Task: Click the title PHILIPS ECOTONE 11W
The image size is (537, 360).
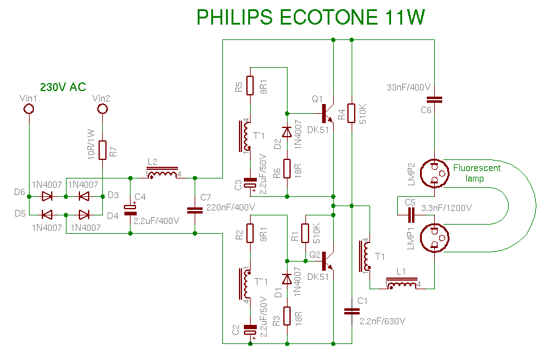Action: click(x=310, y=17)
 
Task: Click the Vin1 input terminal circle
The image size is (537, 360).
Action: click(x=28, y=110)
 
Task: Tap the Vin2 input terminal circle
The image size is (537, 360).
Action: click(x=103, y=110)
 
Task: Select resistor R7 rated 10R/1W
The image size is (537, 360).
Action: click(x=103, y=150)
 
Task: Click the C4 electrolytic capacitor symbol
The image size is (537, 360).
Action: click(x=131, y=210)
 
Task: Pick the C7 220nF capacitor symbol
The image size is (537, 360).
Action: click(x=195, y=210)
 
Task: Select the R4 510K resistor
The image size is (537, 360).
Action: click(x=352, y=113)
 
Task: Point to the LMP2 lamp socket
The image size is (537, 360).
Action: click(x=434, y=173)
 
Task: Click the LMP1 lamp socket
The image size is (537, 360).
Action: click(x=434, y=238)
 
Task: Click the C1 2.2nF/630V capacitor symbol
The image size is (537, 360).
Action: click(x=352, y=311)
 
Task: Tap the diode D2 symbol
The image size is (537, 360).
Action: click(x=287, y=132)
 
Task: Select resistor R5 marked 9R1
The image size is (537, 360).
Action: click(x=250, y=86)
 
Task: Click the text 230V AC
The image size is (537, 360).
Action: click(x=63, y=87)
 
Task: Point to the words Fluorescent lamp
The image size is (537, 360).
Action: click(x=477, y=173)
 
